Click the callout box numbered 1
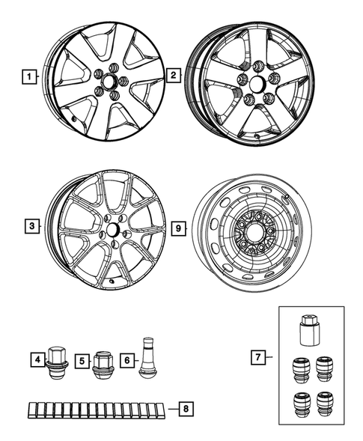29,76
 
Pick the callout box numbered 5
83,360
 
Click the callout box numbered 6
127,360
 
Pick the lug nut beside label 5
103,362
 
